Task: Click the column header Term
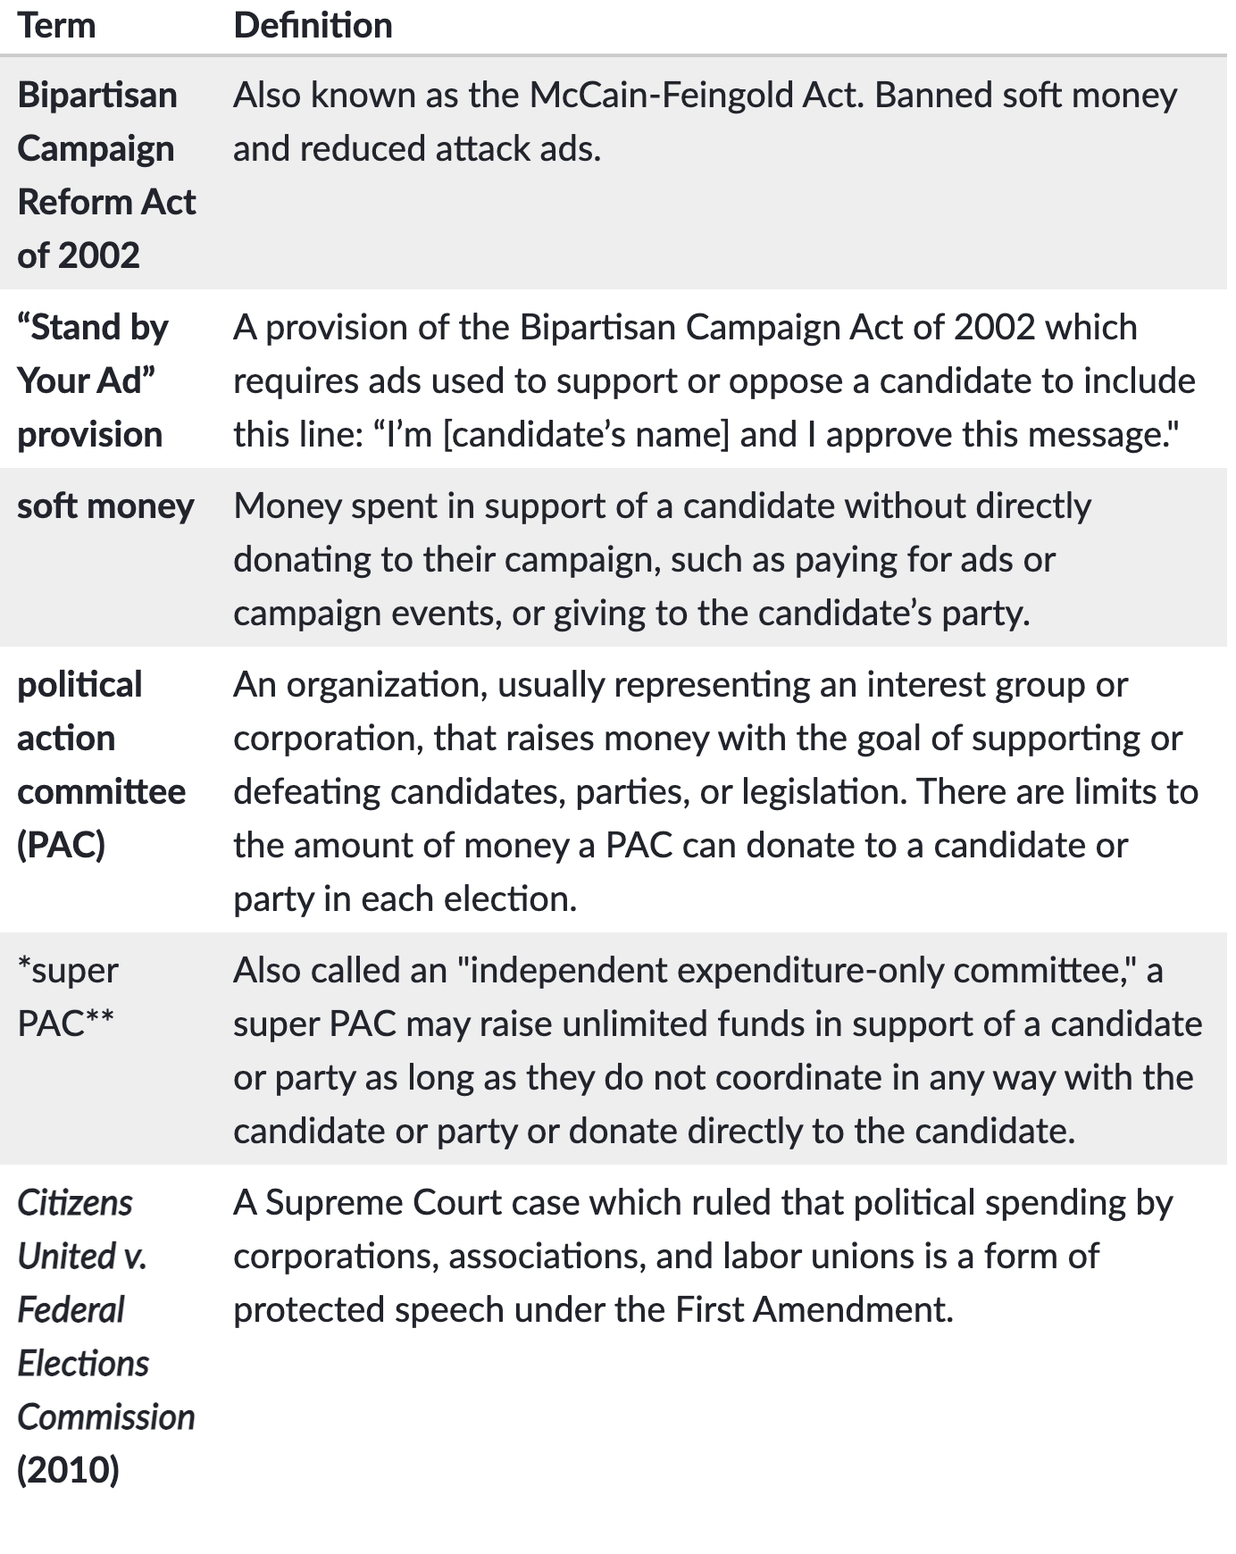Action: (x=56, y=26)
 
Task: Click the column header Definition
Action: (x=313, y=26)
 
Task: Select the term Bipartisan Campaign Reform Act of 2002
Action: (x=105, y=175)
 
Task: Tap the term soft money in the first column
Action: (x=105, y=506)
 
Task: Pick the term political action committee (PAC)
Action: (x=101, y=764)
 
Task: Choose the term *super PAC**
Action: (x=68, y=997)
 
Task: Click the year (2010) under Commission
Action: (x=68, y=1470)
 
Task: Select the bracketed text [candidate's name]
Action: (x=586, y=435)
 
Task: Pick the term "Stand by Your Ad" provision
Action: (x=92, y=381)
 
